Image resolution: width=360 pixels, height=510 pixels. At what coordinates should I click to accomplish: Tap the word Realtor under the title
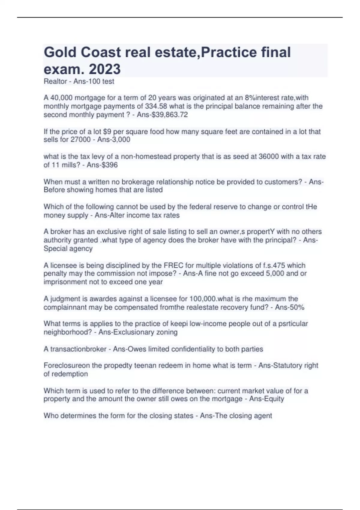click(x=55, y=81)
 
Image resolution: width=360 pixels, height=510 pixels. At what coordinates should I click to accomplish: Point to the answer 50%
click(x=298, y=307)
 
